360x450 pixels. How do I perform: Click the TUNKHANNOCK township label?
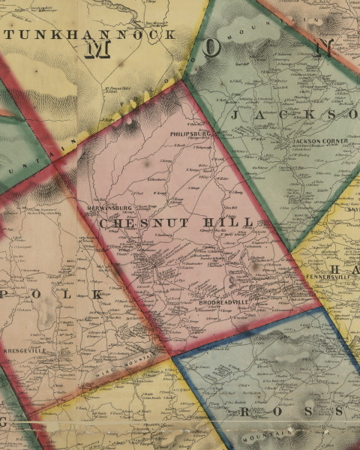(x=91, y=34)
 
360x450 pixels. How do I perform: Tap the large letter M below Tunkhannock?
(x=98, y=49)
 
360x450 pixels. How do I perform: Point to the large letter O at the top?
(x=213, y=47)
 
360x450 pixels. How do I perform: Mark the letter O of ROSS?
(x=279, y=413)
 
